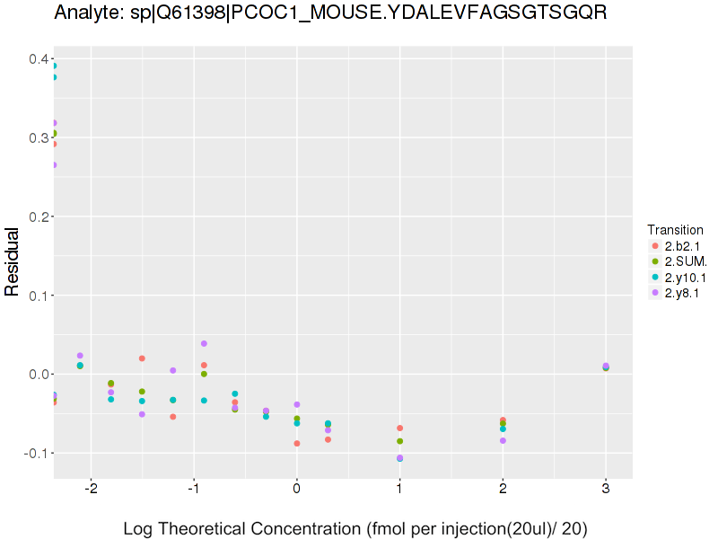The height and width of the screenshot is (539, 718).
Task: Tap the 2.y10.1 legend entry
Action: (x=683, y=278)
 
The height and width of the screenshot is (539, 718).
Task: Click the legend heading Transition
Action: (x=675, y=229)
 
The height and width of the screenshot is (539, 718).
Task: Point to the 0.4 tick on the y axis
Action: (x=38, y=59)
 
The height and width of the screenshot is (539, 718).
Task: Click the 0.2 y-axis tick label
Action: (x=38, y=216)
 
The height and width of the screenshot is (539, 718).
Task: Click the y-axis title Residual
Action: (x=13, y=261)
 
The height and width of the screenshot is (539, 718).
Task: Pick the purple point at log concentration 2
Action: (x=503, y=440)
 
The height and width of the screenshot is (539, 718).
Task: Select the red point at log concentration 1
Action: (x=399, y=428)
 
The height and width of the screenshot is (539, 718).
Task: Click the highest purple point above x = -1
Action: (x=204, y=344)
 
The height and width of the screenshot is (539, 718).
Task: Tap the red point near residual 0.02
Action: (x=142, y=358)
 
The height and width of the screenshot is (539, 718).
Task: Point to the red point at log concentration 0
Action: (x=297, y=443)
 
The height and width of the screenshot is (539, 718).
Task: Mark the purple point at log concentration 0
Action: (x=297, y=404)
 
